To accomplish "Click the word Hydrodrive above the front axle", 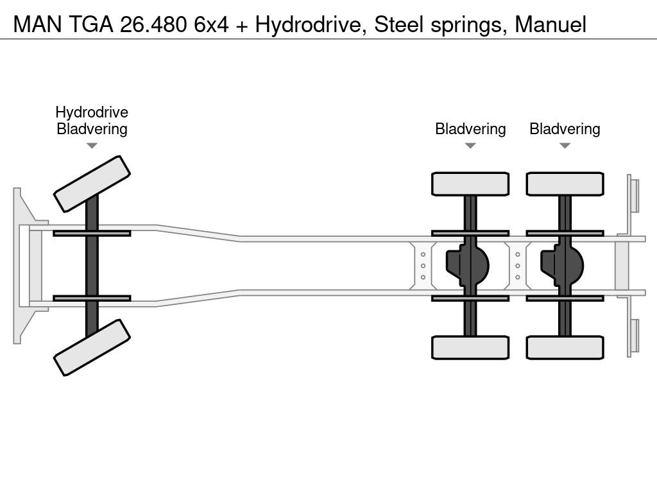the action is pyautogui.click(x=92, y=112).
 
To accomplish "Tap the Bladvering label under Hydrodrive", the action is pyautogui.click(x=92, y=129).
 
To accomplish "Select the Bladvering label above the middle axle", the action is pyautogui.click(x=470, y=129).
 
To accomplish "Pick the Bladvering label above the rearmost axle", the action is pyautogui.click(x=565, y=129).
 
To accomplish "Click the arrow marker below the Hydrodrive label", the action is pyautogui.click(x=92, y=146).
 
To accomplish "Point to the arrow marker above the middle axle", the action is pyautogui.click(x=470, y=146).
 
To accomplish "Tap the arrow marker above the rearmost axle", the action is pyautogui.click(x=565, y=146).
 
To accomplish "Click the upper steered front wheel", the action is pyautogui.click(x=92, y=184).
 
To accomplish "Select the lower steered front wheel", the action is pyautogui.click(x=92, y=347).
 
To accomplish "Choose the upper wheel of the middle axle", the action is pyautogui.click(x=470, y=184).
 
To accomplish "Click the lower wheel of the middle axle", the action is pyautogui.click(x=470, y=347).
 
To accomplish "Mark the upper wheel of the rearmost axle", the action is pyautogui.click(x=565, y=184).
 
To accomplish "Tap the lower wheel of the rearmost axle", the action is pyautogui.click(x=565, y=347).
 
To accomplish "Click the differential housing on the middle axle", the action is pyautogui.click(x=468, y=266).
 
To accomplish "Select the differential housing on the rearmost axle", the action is pyautogui.click(x=562, y=266).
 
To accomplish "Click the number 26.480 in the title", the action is pyautogui.click(x=153, y=24).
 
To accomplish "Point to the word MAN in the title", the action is pyautogui.click(x=38, y=24).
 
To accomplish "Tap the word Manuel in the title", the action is pyautogui.click(x=550, y=24).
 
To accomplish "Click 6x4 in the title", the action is pyautogui.click(x=211, y=24).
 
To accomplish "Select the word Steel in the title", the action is pyautogui.click(x=398, y=24).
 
